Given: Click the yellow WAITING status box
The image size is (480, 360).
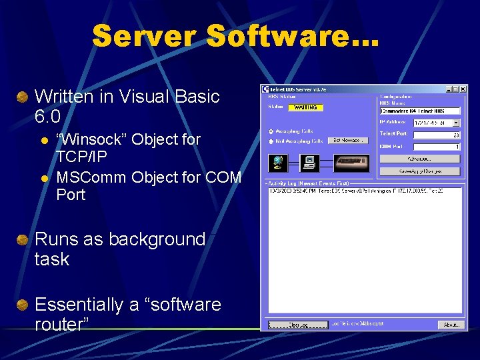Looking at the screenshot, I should (x=305, y=107).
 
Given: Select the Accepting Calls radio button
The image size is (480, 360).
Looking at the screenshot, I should (x=271, y=131).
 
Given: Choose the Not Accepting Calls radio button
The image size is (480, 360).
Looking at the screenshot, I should (x=271, y=141).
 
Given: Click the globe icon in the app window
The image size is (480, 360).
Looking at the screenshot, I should (x=278, y=162).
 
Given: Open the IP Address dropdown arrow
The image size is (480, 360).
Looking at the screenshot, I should (x=456, y=123).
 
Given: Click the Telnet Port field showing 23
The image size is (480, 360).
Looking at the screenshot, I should (x=437, y=135).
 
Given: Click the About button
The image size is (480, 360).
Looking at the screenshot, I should (x=451, y=325).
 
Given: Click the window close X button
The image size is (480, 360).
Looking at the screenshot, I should (x=463, y=89).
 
